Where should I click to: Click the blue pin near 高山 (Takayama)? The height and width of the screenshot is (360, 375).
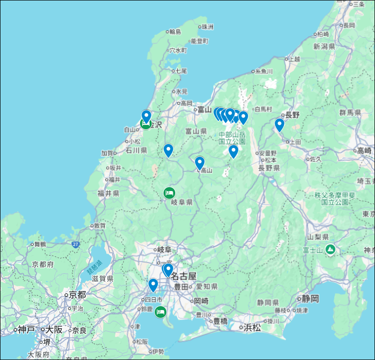pos(199,163)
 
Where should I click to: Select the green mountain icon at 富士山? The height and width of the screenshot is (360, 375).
pos(331,249)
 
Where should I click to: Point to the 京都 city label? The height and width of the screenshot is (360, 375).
pos(77,295)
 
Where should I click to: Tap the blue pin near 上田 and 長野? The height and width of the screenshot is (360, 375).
pos(279,124)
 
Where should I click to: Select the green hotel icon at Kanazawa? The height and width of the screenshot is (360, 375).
pos(145,124)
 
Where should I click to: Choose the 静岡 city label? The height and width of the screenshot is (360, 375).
pos(310,298)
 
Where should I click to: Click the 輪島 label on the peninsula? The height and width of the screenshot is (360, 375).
pos(175,32)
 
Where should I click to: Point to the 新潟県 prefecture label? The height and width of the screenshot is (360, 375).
pos(324,47)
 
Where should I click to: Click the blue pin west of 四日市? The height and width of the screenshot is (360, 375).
pos(153,285)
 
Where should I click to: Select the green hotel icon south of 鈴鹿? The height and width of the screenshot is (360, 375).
pos(160,312)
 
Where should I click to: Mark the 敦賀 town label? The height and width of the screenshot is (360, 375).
pos(99,226)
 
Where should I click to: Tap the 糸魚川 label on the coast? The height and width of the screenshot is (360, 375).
pos(264,71)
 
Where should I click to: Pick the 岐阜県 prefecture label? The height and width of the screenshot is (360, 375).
pos(182,202)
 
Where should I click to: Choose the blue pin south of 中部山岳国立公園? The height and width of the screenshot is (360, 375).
pos(234,151)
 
